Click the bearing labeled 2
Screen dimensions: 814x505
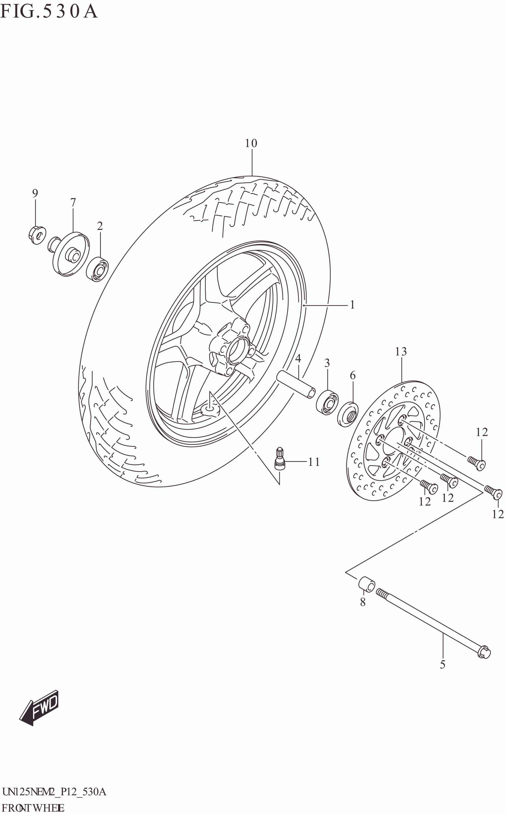(x=97, y=269)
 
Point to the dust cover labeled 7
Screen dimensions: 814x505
(x=71, y=254)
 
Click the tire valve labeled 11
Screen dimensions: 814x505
(x=279, y=459)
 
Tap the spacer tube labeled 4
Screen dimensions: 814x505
(x=296, y=384)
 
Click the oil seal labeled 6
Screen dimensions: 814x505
(x=348, y=415)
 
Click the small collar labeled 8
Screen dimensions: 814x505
(x=366, y=584)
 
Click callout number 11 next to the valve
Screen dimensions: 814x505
(x=314, y=462)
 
